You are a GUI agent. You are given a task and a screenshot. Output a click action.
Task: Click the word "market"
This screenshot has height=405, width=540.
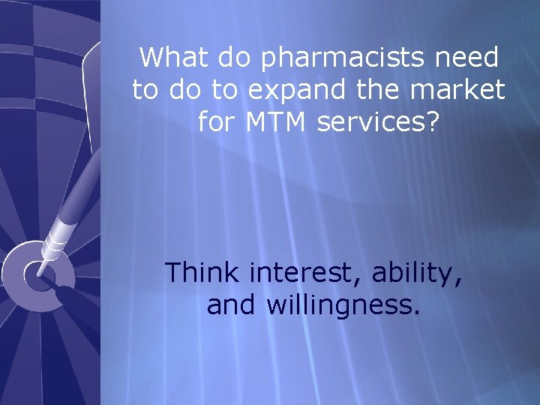click(x=463, y=90)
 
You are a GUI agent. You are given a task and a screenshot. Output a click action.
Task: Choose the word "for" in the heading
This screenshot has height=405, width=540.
click(x=216, y=121)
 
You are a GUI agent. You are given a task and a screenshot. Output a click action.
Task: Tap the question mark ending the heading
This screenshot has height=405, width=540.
click(x=430, y=121)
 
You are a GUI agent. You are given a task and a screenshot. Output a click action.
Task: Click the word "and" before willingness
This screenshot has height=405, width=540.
click(x=228, y=305)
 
